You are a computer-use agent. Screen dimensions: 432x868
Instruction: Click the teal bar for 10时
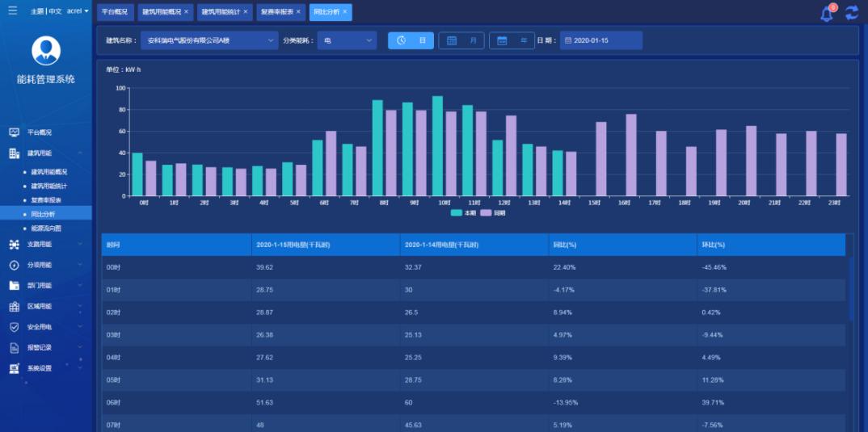coord(437,146)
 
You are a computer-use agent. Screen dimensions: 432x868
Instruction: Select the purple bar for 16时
coord(631,155)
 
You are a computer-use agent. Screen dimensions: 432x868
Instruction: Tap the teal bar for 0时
coord(137,174)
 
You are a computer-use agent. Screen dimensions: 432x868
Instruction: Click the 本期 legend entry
coord(464,212)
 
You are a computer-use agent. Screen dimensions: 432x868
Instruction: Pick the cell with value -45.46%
coord(714,267)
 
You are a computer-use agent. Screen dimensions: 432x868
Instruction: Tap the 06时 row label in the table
coord(113,403)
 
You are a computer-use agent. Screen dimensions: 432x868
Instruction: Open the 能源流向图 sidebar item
coord(46,228)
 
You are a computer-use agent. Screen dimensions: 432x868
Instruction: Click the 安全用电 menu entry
coord(40,327)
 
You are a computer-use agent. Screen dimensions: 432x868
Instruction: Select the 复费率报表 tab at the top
coord(277,12)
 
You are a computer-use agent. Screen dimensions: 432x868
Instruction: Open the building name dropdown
coord(209,40)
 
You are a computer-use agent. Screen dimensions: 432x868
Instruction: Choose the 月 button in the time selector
coord(461,40)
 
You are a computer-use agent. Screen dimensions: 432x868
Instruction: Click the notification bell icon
coord(826,14)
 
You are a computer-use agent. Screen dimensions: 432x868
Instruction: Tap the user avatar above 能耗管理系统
coord(46,50)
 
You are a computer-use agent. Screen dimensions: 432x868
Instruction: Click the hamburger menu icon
coord(12,11)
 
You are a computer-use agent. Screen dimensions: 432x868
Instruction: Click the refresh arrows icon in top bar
coord(852,13)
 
